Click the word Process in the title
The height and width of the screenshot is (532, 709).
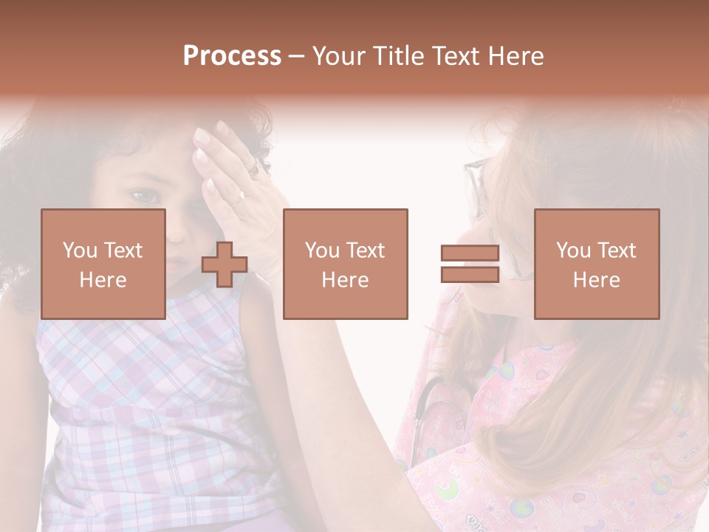click(232, 56)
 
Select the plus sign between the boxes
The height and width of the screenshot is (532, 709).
click(225, 265)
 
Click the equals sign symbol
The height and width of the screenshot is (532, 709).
click(470, 265)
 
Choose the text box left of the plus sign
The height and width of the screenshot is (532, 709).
click(103, 265)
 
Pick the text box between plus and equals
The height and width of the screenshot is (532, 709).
click(346, 265)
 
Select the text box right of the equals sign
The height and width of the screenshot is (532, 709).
click(597, 265)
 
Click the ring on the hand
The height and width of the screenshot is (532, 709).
click(240, 197)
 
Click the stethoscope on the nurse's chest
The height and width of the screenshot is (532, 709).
click(425, 414)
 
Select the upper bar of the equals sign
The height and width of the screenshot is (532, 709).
click(470, 254)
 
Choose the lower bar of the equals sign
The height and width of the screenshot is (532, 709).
click(470, 275)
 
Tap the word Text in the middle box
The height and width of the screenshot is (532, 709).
click(365, 250)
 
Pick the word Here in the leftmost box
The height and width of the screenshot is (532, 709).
click(103, 280)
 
